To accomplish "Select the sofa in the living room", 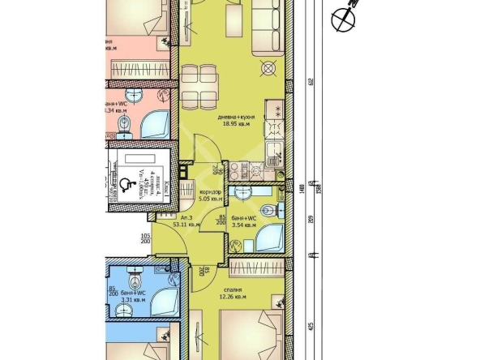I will click(271, 32).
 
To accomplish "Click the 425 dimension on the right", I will click(310, 329).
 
